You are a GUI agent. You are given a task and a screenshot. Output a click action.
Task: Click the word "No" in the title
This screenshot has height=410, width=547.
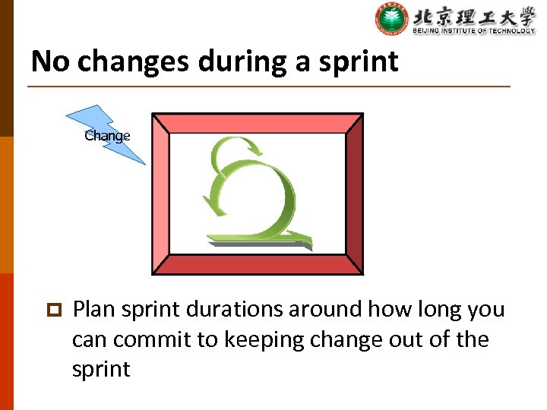(x=50, y=61)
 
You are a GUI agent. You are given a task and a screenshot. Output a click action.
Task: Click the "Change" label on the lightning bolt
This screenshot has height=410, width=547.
(x=107, y=136)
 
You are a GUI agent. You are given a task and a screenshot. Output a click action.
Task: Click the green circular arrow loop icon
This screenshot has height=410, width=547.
(x=251, y=190)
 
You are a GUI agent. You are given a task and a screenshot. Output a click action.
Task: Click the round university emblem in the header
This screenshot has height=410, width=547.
(x=391, y=19)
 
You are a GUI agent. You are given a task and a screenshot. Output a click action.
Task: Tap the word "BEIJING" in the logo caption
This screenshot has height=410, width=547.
(x=428, y=30)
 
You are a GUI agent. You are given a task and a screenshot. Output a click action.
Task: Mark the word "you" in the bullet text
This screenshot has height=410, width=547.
(x=486, y=310)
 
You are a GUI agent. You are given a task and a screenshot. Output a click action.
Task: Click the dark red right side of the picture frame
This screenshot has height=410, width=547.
(x=355, y=194)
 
